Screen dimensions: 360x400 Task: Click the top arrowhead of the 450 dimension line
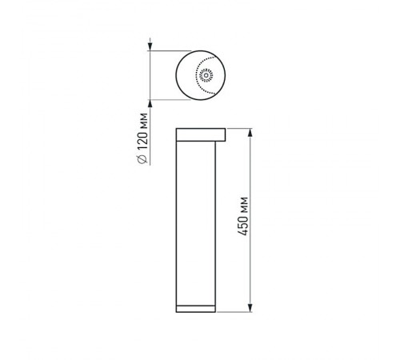click(x=250, y=131)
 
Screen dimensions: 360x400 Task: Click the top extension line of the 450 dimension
click(x=241, y=127)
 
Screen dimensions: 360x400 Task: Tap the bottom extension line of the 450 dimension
click(x=236, y=313)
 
